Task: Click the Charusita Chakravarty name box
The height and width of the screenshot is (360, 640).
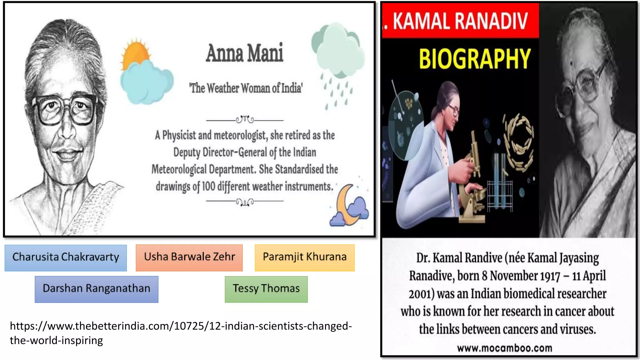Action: (x=66, y=257)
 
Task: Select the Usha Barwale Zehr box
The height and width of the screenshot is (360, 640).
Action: (x=189, y=257)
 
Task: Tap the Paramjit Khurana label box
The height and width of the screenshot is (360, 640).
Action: (x=305, y=257)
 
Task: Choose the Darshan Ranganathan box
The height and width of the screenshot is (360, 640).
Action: (x=96, y=289)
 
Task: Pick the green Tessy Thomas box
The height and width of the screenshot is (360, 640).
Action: (x=266, y=289)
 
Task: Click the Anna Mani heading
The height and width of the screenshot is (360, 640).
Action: (x=244, y=53)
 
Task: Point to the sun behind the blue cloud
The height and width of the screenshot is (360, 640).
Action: (x=135, y=53)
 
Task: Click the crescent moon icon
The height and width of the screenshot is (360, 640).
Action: (x=345, y=205)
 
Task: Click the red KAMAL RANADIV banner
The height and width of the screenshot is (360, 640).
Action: (x=460, y=21)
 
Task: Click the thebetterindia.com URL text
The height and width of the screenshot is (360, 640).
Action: (x=181, y=333)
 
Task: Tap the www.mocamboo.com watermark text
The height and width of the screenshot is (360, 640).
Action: (x=504, y=348)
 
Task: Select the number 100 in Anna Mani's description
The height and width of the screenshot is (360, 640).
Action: (x=208, y=187)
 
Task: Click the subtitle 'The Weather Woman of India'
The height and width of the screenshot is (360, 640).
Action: (x=246, y=88)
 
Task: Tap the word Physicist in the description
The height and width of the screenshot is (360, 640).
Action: (x=179, y=135)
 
